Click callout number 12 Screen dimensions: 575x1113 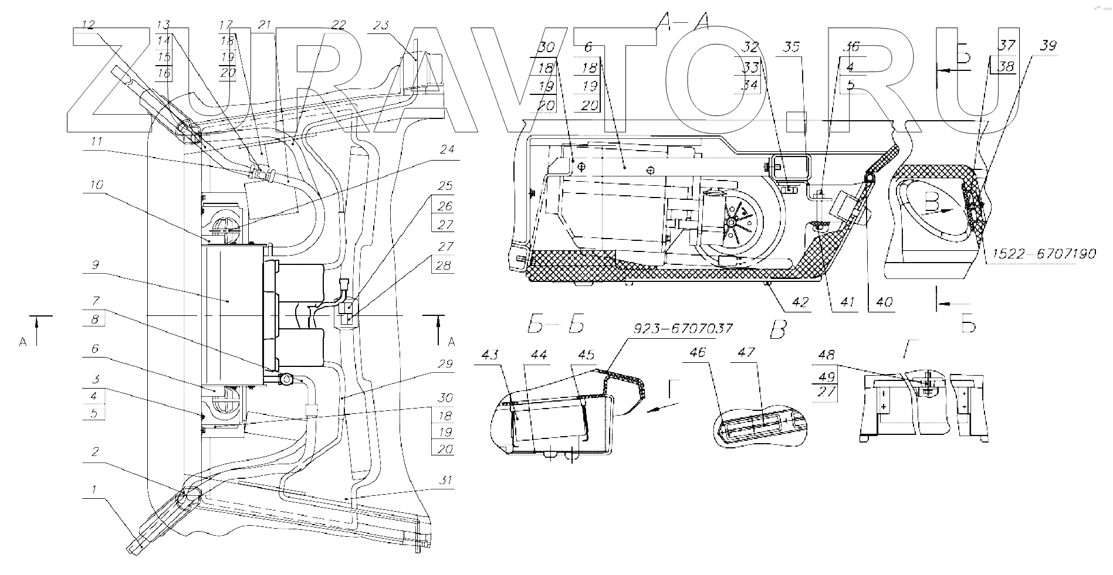(89, 26)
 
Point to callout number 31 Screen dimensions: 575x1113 (446, 481)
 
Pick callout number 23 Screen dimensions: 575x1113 (381, 26)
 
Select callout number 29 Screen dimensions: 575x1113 (446, 364)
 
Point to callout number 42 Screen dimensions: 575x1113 (800, 302)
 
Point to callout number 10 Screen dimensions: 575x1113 (96, 185)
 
